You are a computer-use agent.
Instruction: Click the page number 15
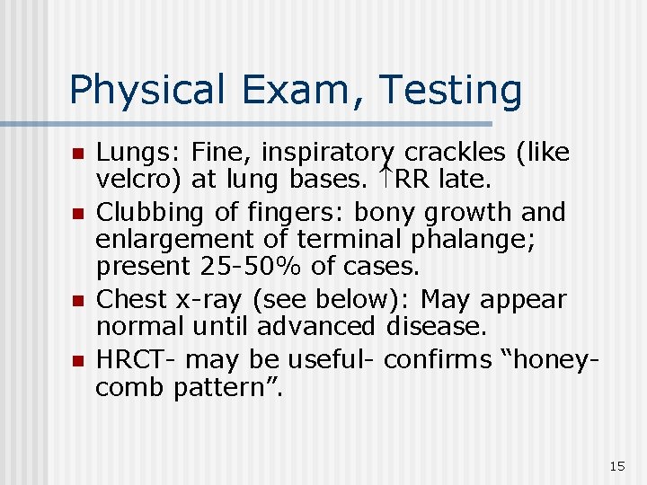(616, 465)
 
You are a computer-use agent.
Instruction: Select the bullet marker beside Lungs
(77, 154)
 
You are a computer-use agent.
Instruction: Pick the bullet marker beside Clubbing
(77, 214)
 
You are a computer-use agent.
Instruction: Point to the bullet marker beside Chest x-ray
(77, 300)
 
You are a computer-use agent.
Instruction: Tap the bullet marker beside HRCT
(77, 360)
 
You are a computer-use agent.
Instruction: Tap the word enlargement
(169, 240)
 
